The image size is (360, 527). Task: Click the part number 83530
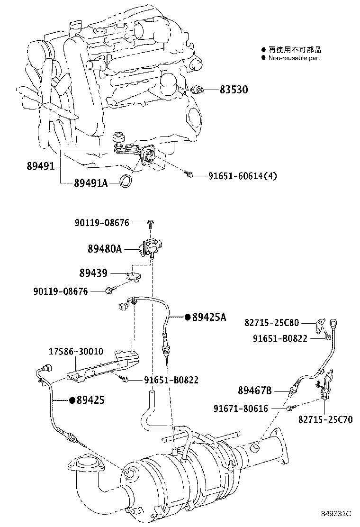(234, 90)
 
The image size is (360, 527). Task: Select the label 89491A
(90, 183)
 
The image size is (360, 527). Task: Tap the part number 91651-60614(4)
(243, 176)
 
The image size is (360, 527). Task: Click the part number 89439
(93, 273)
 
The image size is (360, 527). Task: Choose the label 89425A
(209, 317)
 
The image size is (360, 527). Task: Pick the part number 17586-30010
(76, 352)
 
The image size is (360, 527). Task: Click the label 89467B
(254, 391)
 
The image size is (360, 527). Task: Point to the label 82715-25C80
(271, 323)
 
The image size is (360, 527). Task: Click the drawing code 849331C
(336, 513)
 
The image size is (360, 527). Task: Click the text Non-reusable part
(294, 58)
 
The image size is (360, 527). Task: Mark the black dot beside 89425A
(188, 317)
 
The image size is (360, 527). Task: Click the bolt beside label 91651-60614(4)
(189, 175)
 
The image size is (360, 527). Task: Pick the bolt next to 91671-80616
(288, 407)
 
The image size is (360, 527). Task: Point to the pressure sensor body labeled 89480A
(150, 247)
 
